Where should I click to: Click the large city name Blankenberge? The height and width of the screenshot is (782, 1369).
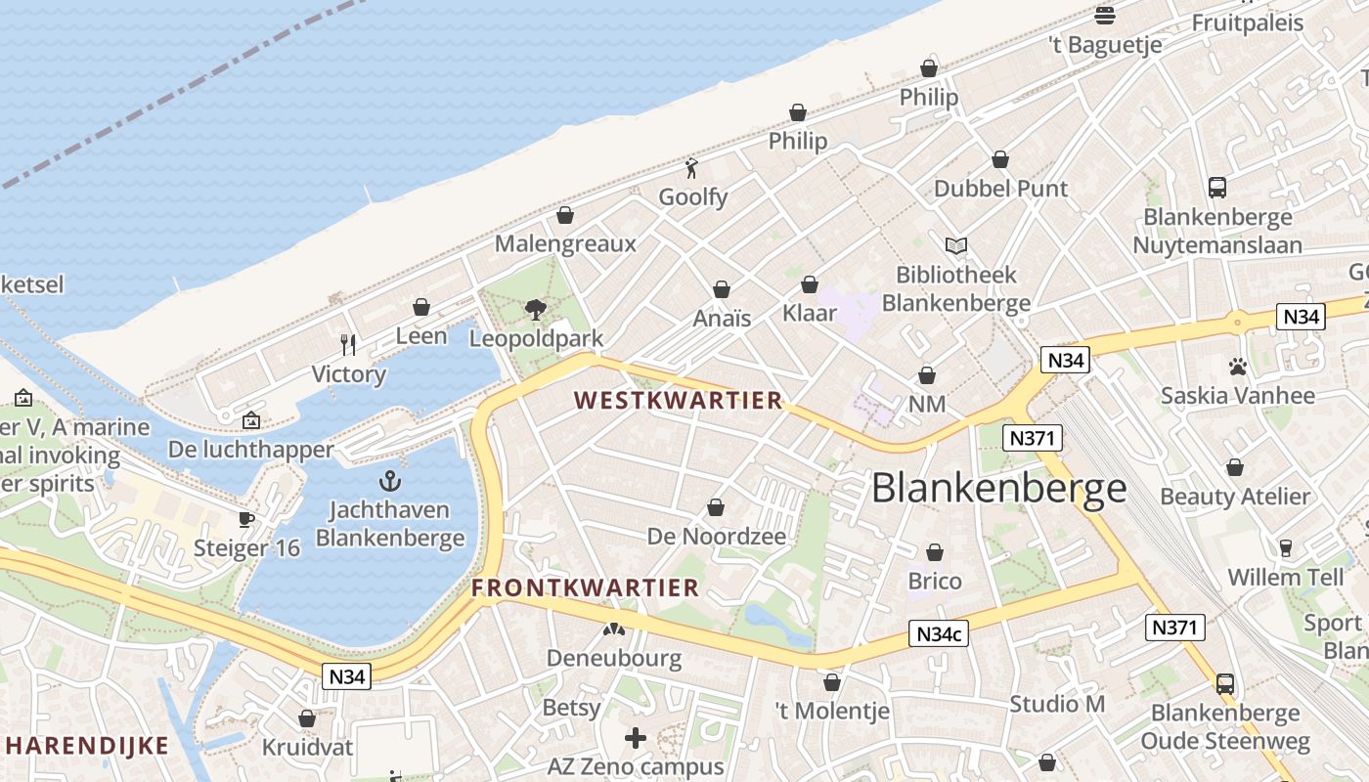[x=998, y=488]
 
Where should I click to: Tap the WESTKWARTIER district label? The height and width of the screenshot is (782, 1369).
[x=679, y=400]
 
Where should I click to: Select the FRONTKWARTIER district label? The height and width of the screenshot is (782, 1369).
[x=585, y=587]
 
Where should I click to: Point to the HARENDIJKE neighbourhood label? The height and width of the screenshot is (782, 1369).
[x=85, y=746]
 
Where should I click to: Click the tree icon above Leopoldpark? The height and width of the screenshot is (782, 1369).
[x=535, y=310]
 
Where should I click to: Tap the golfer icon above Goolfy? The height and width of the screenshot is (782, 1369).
[x=692, y=168]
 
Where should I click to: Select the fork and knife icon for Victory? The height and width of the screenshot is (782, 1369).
[x=348, y=344]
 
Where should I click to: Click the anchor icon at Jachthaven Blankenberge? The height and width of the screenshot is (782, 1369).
[x=390, y=480]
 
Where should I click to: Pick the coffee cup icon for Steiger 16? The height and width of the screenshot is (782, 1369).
[x=246, y=518]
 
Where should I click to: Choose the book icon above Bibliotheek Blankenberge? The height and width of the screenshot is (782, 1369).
[x=955, y=245]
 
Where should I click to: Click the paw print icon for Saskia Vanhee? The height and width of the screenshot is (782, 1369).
[x=1237, y=367]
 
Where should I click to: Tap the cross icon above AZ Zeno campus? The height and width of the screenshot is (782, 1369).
[x=636, y=738]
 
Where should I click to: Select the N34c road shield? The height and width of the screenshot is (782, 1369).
[x=939, y=633]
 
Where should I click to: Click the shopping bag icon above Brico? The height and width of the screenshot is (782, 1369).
[x=935, y=552]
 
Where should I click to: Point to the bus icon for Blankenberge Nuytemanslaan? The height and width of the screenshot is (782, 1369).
[x=1217, y=188]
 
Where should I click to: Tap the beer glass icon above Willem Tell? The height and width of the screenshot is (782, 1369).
[x=1286, y=547]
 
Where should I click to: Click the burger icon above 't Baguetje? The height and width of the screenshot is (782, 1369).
[x=1105, y=15]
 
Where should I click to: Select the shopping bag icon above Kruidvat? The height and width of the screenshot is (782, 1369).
[x=307, y=718]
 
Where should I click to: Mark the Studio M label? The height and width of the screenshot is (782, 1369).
[x=1057, y=704]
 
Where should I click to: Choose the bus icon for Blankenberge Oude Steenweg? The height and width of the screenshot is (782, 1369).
[x=1225, y=683]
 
